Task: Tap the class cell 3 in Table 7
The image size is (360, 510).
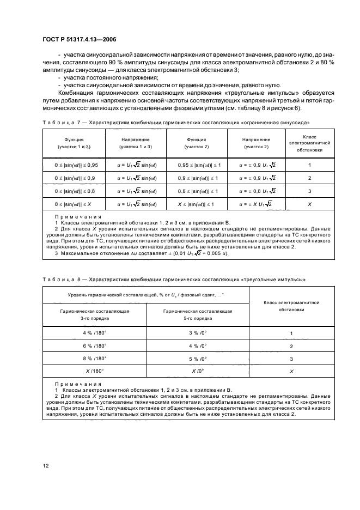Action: pyautogui.click(x=310, y=191)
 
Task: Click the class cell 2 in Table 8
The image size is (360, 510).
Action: pyautogui.click(x=291, y=346)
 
